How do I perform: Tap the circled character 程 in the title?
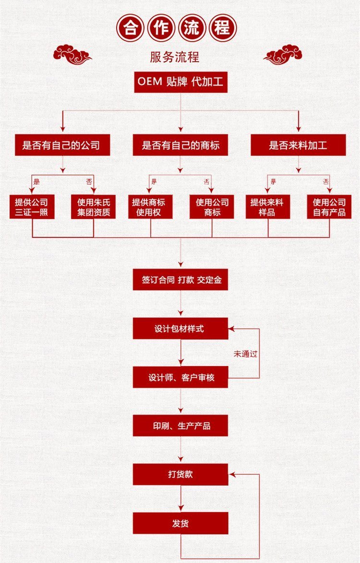pyautogui.click(x=222, y=29)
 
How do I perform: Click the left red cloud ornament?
pyautogui.click(x=72, y=54)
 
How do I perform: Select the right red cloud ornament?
pyautogui.click(x=283, y=54)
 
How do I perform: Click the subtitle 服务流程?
pyautogui.click(x=175, y=57)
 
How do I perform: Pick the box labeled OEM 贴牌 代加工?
pyautogui.click(x=180, y=82)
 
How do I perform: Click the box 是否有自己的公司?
pyautogui.click(x=62, y=145)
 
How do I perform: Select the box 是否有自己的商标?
pyautogui.click(x=180, y=145)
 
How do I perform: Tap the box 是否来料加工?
pyautogui.click(x=298, y=145)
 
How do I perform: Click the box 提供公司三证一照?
pyautogui.click(x=32, y=207)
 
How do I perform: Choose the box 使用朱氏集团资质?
pyautogui.click(x=94, y=207)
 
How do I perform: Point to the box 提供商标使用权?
pyautogui.click(x=150, y=207)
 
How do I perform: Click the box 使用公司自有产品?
pyautogui.click(x=329, y=207)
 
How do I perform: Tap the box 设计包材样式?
pyautogui.click(x=180, y=329)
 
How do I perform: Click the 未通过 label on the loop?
pyautogui.click(x=246, y=354)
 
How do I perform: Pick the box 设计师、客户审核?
pyautogui.click(x=180, y=378)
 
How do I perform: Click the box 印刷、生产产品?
pyautogui.click(x=180, y=426)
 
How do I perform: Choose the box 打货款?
pyautogui.click(x=180, y=474)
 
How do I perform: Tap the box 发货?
pyautogui.click(x=180, y=523)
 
